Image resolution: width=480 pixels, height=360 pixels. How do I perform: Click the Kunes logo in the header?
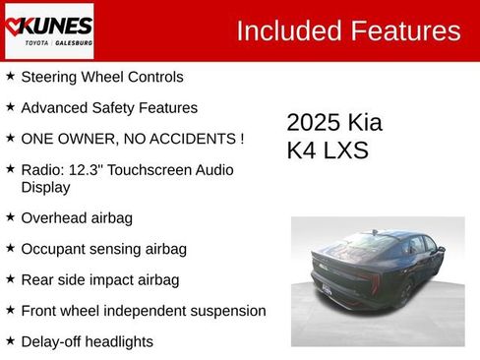48,30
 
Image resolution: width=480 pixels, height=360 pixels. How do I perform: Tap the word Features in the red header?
404,30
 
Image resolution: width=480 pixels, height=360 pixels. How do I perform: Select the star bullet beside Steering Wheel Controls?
10,76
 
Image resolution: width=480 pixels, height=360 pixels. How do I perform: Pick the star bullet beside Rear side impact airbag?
10,279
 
